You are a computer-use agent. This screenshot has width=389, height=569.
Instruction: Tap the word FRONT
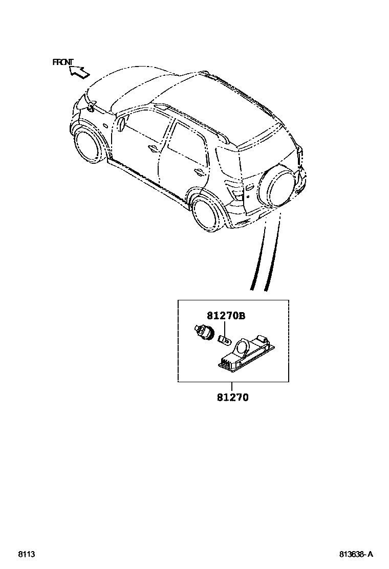63,62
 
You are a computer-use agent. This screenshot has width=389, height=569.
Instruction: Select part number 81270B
226,317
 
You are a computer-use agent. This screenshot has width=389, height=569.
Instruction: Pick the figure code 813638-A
356,554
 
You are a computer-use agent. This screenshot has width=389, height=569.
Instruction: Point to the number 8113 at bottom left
26,554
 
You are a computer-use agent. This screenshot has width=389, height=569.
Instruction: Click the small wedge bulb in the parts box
224,339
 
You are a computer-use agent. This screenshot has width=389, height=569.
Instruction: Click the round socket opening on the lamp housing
241,350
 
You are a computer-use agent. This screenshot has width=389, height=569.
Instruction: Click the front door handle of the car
153,149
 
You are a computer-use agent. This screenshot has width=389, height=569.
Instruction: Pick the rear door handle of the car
197,171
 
